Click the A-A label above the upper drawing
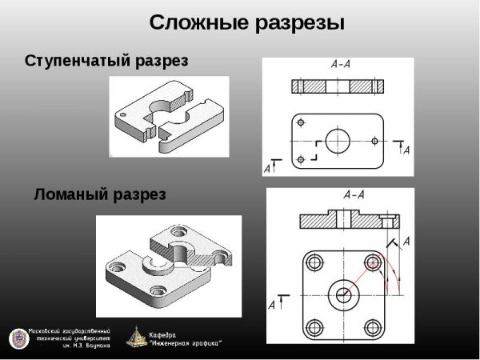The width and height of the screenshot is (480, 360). click(339, 65)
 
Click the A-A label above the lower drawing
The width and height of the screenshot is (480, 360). click(354, 194)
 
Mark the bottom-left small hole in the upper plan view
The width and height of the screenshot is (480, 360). click(301, 159)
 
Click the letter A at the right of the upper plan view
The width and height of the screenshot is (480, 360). click(406, 150)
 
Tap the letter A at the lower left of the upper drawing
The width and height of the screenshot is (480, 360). click(267, 169)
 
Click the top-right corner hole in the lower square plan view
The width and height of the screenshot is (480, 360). click(372, 262)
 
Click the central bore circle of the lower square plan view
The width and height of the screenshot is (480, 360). click(342, 294)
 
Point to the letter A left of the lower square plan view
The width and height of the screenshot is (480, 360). click(273, 305)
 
